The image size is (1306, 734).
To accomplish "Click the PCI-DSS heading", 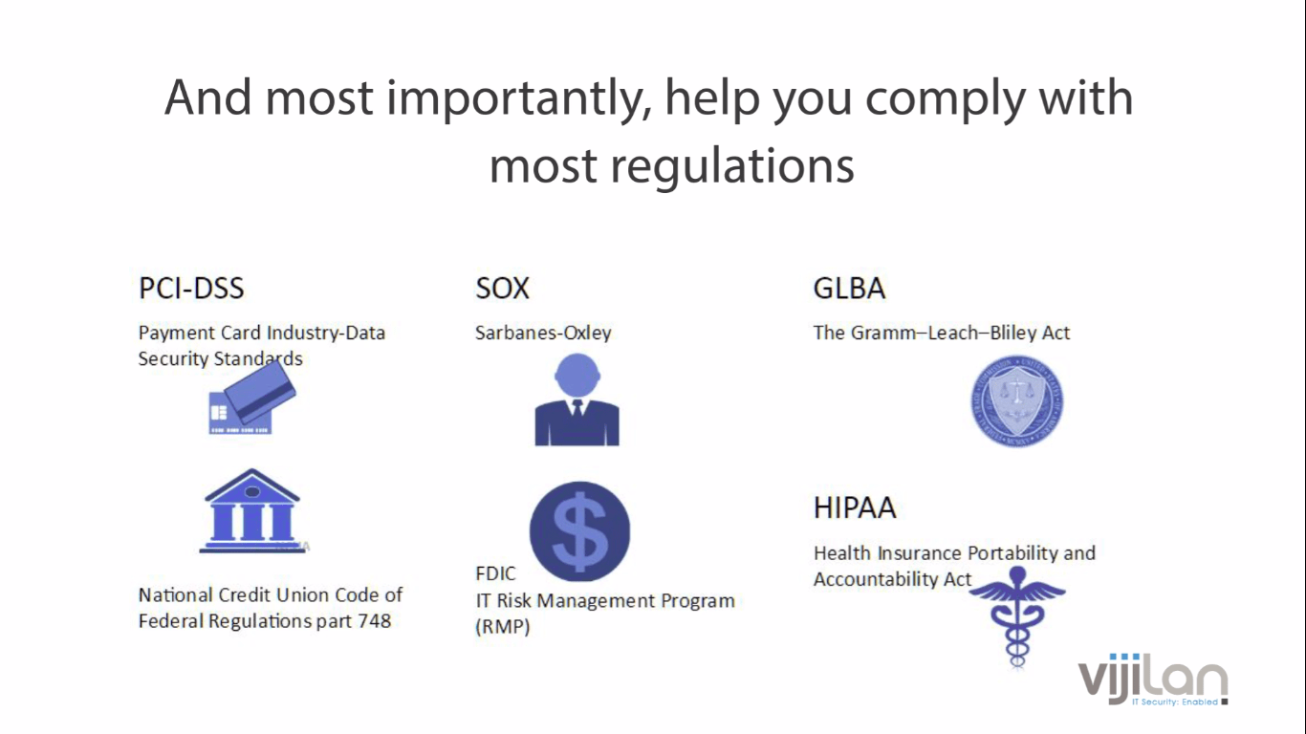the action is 191,288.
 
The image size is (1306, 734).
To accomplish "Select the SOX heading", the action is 502,288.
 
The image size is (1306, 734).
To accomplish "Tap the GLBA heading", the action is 849,288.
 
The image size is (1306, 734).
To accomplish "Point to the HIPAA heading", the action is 854,507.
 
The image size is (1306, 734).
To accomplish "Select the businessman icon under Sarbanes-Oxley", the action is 577,399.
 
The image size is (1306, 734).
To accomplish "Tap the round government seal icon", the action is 1017,401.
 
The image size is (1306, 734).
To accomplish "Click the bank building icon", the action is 251,510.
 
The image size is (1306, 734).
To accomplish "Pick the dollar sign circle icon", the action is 579,531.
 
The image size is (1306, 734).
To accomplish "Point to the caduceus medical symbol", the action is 1017,616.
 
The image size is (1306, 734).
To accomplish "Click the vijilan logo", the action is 1153,680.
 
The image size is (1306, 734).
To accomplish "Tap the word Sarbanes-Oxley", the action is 543,333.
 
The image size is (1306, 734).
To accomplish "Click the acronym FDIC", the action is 495,573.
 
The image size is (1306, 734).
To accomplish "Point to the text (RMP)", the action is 503,627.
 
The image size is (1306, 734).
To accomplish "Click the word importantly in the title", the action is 519,98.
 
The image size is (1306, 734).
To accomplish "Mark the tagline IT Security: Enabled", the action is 1175,702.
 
